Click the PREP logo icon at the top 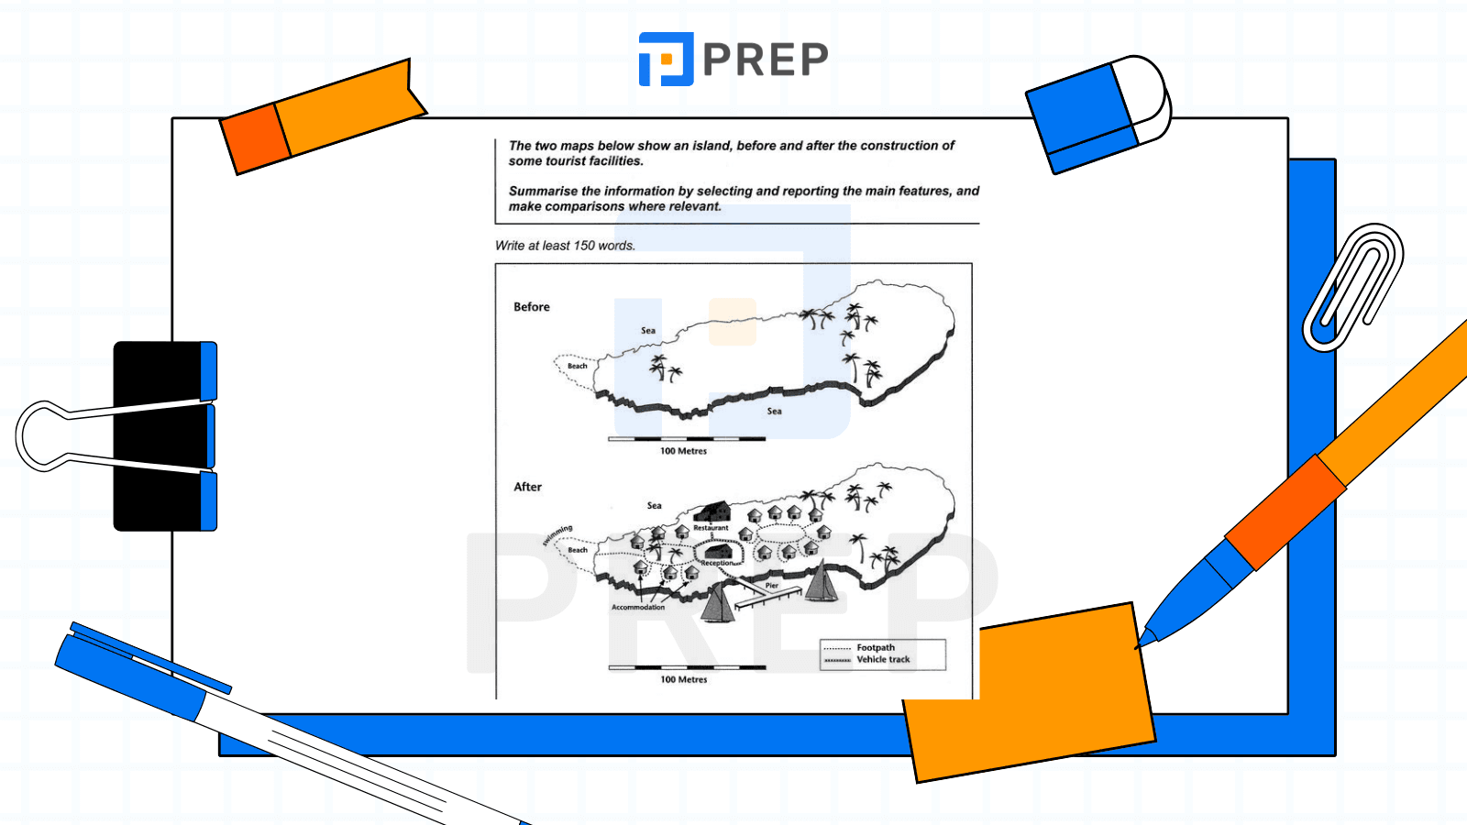[x=666, y=60]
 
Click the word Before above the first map [x=532, y=307]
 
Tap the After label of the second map [x=528, y=487]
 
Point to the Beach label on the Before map [x=578, y=366]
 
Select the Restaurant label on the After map [x=711, y=528]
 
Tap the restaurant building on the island [x=712, y=511]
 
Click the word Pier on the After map [x=772, y=585]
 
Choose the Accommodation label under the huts [x=638, y=607]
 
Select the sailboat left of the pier [x=718, y=603]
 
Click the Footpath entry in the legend [x=876, y=647]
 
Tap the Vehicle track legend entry [x=883, y=659]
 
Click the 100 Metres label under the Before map [x=684, y=451]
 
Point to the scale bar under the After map [x=687, y=667]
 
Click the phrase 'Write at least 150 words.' [x=566, y=246]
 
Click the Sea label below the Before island [x=775, y=411]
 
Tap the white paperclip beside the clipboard [x=1353, y=287]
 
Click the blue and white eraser [x=1097, y=114]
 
